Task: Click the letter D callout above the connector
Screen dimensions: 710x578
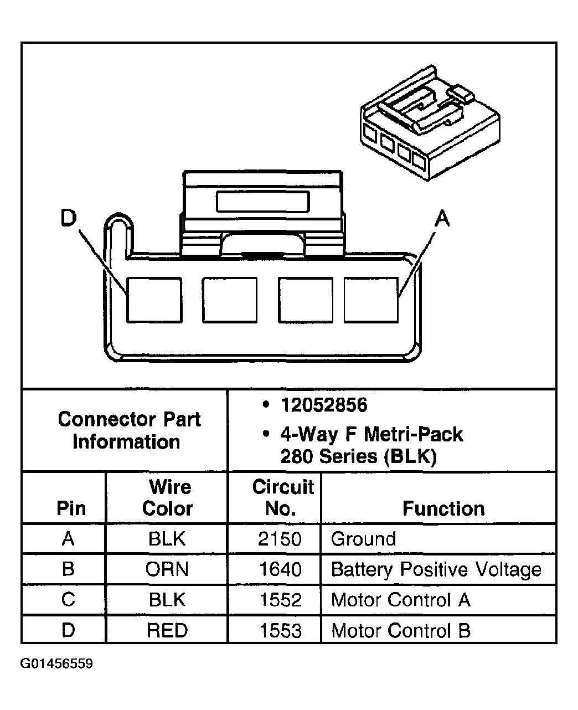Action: (68, 219)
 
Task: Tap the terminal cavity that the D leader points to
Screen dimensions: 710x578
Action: (154, 300)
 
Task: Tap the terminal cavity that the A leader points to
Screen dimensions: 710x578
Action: (371, 300)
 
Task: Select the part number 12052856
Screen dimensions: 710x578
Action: (324, 405)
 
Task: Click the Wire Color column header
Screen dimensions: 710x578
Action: (168, 497)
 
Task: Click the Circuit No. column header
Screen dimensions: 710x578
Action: (282, 497)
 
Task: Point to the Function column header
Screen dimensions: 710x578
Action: (443, 508)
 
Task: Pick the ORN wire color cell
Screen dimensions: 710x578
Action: (167, 569)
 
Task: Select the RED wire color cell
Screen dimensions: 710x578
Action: (167, 630)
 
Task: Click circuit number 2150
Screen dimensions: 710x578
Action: (280, 539)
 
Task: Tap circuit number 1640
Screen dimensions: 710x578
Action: (280, 569)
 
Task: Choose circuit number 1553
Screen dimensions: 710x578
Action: (280, 630)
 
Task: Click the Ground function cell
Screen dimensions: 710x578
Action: (363, 539)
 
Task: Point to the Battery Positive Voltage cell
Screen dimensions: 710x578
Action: (436, 569)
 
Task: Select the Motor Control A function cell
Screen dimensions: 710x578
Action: (400, 600)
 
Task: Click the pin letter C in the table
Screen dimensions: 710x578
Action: (68, 600)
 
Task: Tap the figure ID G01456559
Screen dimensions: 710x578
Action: (56, 663)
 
